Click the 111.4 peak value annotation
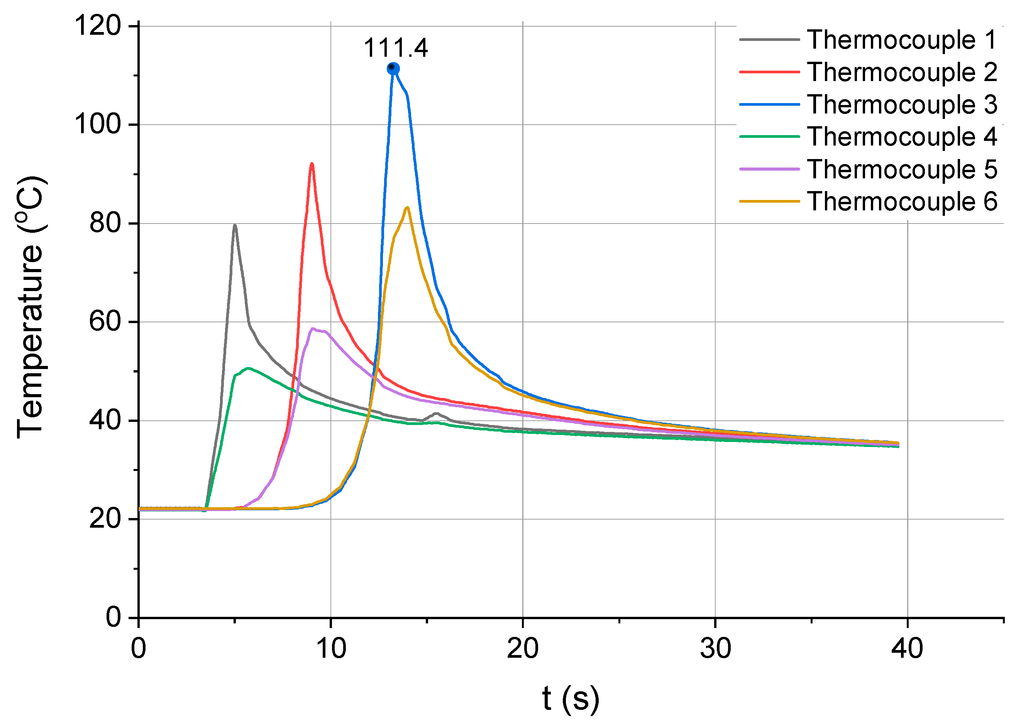point(395,47)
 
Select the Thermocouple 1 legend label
point(902,39)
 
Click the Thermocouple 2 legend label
point(902,72)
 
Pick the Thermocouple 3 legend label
point(902,104)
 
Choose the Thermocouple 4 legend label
point(902,136)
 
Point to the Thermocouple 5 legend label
point(902,169)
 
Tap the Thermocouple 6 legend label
point(902,201)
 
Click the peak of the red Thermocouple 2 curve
point(312,164)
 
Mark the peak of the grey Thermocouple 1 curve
point(235,226)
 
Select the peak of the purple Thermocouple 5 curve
point(313,329)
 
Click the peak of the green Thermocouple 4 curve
point(248,368)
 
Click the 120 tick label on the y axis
point(98,25)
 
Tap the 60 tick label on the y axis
point(105,322)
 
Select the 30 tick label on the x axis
point(715,648)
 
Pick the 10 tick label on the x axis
point(330,648)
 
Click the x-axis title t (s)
point(570,698)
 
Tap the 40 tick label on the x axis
point(907,648)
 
